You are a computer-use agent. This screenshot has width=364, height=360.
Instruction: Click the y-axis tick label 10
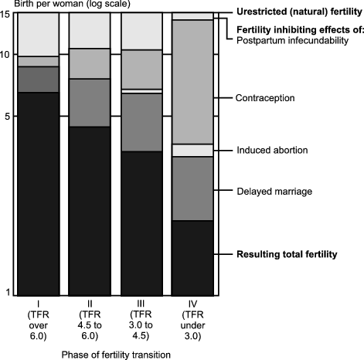tap(6, 54)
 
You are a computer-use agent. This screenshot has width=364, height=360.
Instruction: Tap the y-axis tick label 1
tap(9, 292)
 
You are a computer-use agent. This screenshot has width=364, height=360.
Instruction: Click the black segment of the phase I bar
tap(38, 193)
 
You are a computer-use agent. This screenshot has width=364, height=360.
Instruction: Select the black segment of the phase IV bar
tap(192, 257)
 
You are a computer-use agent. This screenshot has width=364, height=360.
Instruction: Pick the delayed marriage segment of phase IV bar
tap(192, 188)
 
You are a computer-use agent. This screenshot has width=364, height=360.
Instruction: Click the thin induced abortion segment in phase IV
tap(192, 150)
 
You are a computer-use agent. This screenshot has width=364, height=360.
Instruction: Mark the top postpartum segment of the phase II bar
tap(90, 30)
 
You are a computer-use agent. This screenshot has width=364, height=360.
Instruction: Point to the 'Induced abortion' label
tap(272, 150)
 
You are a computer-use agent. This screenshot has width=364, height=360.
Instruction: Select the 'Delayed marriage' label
tap(273, 190)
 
